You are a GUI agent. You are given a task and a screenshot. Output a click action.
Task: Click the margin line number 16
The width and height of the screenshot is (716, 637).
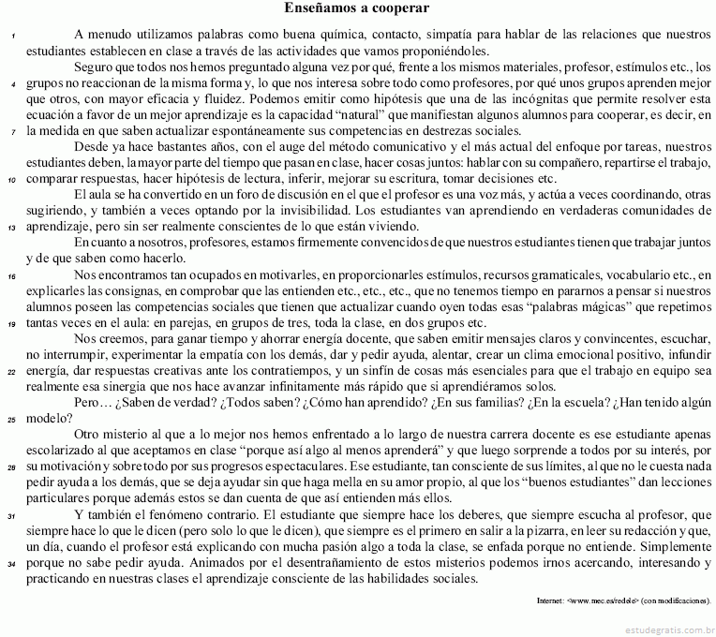[x=10, y=277]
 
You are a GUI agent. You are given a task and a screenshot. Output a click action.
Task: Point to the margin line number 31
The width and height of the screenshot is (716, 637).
[x=10, y=517]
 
